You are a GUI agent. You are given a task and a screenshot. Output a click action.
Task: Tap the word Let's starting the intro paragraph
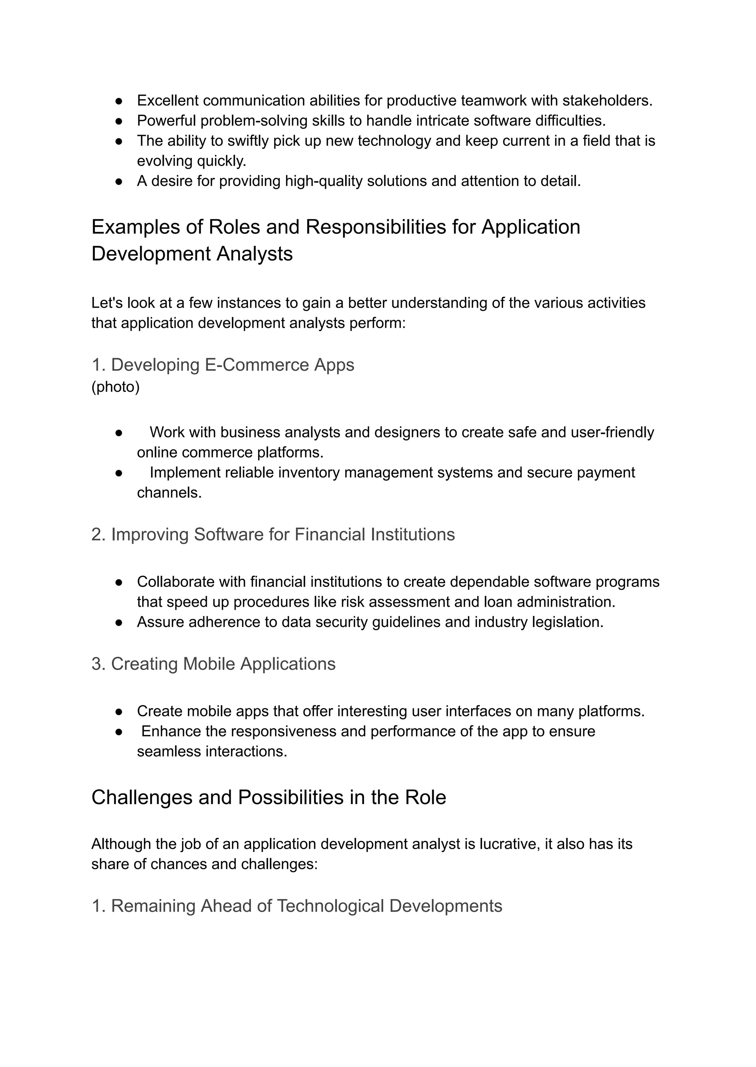pos(107,303)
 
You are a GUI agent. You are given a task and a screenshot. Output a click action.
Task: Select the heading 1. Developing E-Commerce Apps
pos(223,365)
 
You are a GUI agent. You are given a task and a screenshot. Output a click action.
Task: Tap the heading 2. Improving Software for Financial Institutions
pos(273,534)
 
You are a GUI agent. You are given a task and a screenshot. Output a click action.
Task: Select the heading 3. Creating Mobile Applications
pos(213,664)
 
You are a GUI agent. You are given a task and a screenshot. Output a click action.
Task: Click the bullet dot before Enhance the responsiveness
pos(119,732)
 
